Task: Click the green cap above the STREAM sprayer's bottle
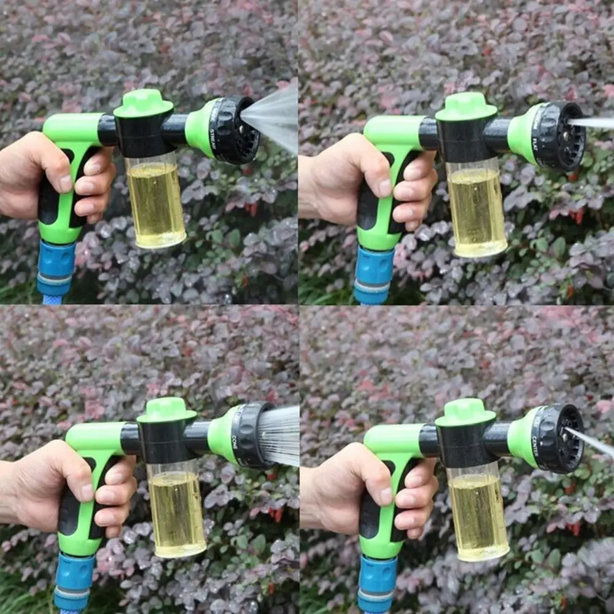pos(144,103)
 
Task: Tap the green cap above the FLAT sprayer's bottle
pos(466,106)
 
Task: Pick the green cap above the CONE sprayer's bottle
pos(166,410)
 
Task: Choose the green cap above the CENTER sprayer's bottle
pos(465,412)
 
